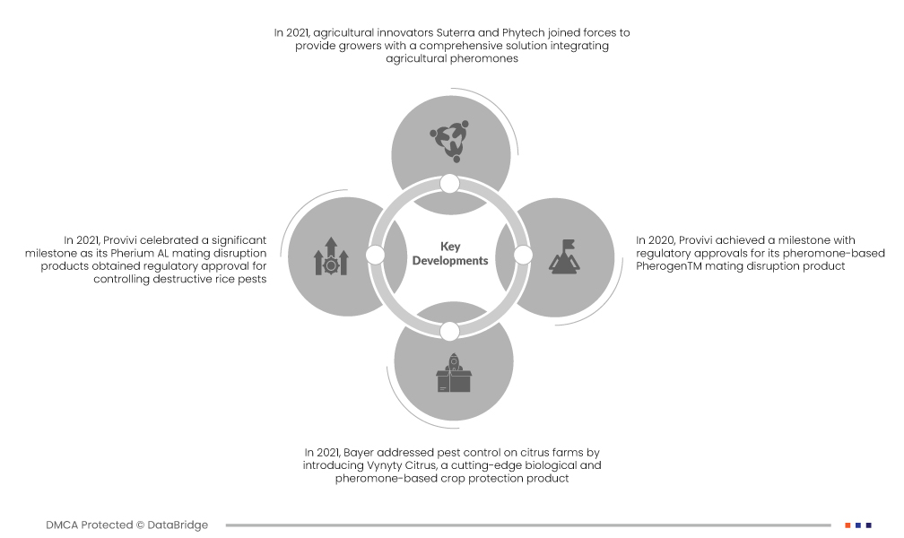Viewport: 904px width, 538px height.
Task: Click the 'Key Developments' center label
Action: [450, 254]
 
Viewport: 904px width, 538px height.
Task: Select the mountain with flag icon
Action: [563, 255]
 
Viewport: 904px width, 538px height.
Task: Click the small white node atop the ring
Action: [450, 184]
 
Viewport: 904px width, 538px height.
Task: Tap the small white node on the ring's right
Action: [524, 255]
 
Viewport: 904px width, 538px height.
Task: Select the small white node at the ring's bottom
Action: [450, 331]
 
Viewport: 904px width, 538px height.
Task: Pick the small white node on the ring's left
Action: [376, 256]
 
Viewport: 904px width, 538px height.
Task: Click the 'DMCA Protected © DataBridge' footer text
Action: [127, 525]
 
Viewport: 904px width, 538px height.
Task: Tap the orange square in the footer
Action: [847, 525]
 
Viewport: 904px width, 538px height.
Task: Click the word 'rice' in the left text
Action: [215, 280]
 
